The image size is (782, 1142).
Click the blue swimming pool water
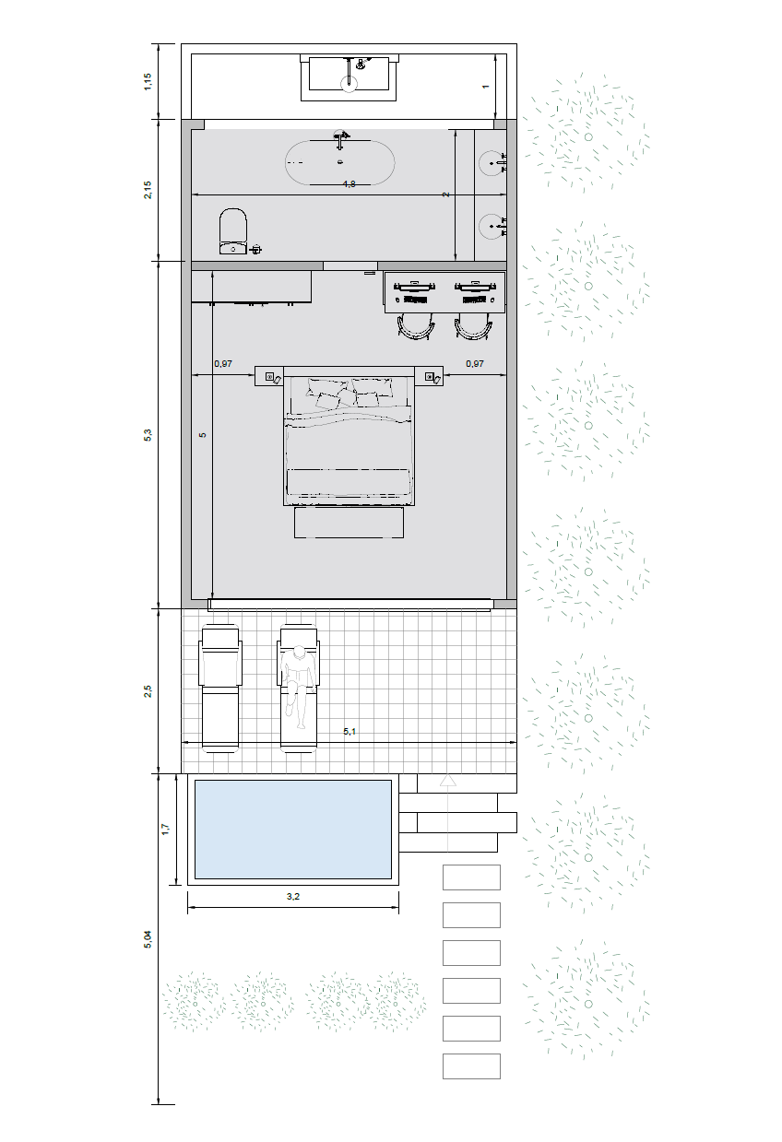293,830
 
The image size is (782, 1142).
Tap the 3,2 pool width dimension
293,896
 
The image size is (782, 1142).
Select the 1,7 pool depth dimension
165,830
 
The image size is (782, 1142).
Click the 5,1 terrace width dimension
350,732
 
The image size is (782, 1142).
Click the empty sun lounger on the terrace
220,689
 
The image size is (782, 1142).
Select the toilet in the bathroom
233,231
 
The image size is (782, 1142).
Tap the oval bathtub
339,162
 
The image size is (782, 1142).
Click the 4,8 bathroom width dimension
349,184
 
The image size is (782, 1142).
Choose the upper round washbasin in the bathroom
492,163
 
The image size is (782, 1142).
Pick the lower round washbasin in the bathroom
492,226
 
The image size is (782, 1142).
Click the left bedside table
269,376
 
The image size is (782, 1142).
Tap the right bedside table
429,376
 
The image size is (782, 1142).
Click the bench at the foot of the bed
349,522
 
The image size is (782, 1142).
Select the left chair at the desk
416,327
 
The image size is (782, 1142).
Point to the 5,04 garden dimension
148,939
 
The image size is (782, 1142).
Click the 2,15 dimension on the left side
148,190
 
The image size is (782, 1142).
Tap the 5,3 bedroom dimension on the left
148,435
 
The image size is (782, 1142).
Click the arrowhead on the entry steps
448,780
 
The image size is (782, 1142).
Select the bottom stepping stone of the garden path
471,1066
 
